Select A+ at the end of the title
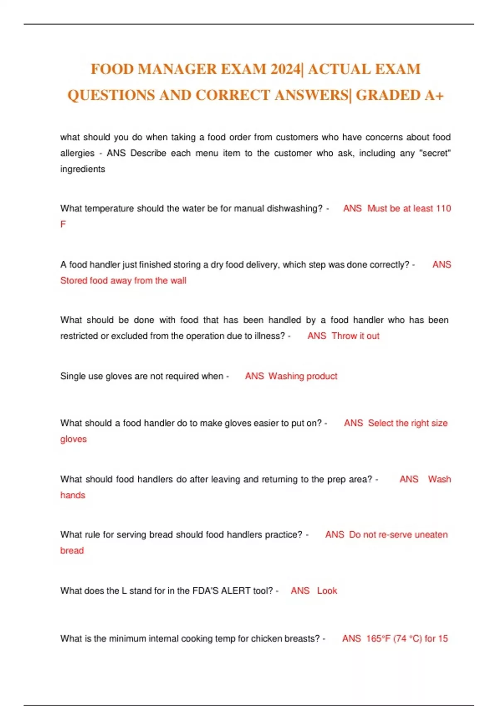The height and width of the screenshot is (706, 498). [x=434, y=95]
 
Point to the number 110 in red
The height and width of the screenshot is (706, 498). [x=444, y=208]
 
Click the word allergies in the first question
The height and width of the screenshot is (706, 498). [x=77, y=153]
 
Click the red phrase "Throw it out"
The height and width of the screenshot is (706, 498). [x=356, y=336]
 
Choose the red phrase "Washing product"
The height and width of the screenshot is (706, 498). [x=303, y=376]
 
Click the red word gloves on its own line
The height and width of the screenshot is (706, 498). [x=73, y=439]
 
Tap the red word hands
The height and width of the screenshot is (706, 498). [x=73, y=495]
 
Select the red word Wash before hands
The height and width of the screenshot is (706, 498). [x=439, y=479]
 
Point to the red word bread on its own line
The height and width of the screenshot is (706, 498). [x=72, y=551]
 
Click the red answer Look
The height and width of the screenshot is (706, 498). [x=327, y=591]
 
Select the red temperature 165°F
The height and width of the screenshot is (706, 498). [x=378, y=639]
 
